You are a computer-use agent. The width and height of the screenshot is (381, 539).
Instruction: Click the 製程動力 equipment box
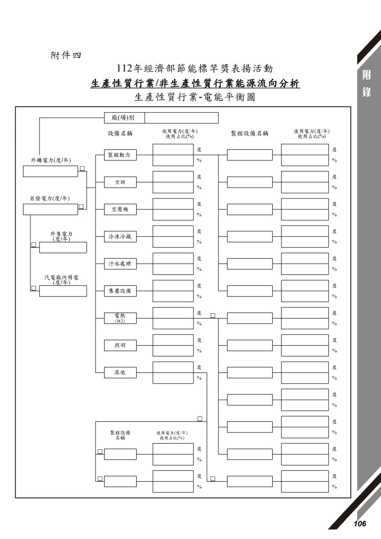[x=120, y=155]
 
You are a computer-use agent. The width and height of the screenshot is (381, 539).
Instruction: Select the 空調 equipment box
[x=120, y=182]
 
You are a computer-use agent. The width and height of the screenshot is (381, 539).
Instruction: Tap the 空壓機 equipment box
[x=120, y=209]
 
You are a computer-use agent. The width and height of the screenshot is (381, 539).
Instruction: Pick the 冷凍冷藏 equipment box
[x=120, y=237]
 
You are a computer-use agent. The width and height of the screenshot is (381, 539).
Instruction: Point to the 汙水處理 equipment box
[x=120, y=264]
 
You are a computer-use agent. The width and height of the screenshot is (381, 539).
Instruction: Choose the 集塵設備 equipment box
[x=120, y=291]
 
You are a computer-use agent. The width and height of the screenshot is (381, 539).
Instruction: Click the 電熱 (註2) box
[x=120, y=318]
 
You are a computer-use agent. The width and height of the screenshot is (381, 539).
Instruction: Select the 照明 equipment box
[x=120, y=345]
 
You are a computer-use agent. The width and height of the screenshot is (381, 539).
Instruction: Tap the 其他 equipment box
[x=120, y=372]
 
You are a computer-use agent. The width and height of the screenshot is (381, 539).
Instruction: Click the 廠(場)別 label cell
[x=124, y=118]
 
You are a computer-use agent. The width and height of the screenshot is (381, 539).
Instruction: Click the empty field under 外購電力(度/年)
[x=51, y=171]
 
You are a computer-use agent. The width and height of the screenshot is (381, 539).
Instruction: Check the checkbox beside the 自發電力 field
[x=81, y=206]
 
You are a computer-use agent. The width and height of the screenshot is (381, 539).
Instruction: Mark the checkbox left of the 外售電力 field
[x=34, y=244]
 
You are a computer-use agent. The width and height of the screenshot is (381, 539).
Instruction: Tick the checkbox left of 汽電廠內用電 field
[x=34, y=288]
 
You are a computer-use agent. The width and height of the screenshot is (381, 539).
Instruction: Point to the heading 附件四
[x=66, y=56]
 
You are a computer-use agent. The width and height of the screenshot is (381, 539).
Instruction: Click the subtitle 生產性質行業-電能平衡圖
[x=195, y=97]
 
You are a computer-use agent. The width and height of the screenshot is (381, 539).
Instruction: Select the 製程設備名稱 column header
[x=250, y=134]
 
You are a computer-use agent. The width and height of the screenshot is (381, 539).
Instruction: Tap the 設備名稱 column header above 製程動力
[x=120, y=134]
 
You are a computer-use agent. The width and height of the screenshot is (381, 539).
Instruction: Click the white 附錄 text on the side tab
[x=366, y=84]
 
